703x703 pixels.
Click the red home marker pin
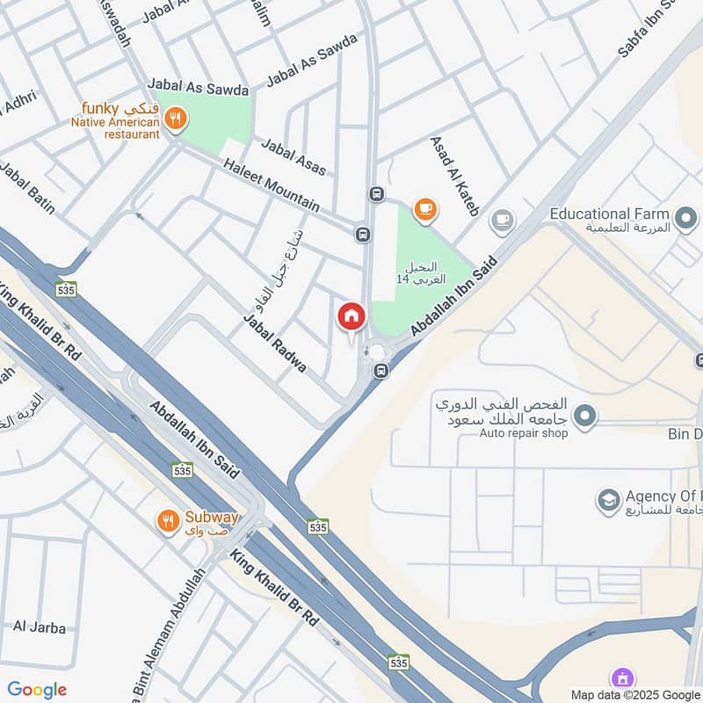tap(351, 316)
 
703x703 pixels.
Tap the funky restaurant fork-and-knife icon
tap(176, 119)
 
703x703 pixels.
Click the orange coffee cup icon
tap(425, 208)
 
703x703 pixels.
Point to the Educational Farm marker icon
tap(685, 214)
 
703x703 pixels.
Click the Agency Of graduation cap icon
tap(607, 501)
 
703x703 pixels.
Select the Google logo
tap(37, 690)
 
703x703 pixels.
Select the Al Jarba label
tap(40, 627)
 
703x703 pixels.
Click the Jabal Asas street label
tap(293, 156)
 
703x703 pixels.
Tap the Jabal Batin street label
tap(28, 188)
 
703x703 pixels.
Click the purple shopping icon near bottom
tap(622, 678)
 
